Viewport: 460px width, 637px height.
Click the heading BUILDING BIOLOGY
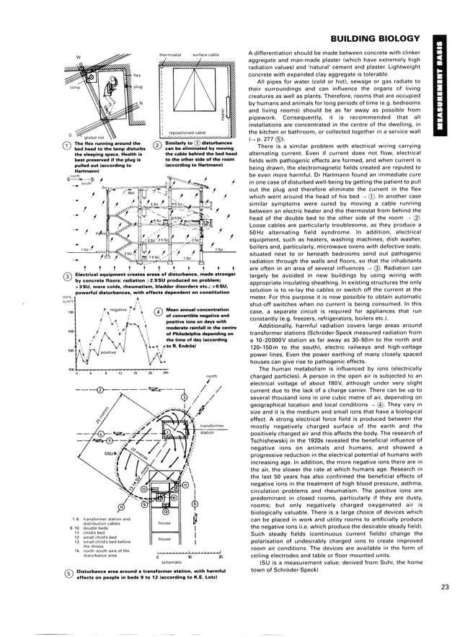373,37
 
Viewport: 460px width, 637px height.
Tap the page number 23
445,587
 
